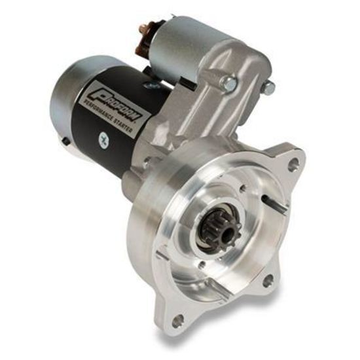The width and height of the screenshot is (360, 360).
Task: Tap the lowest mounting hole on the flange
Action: click(178, 320)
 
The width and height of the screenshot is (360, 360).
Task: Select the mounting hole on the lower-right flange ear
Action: click(268, 281)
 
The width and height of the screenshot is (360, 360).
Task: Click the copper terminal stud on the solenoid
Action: click(142, 29)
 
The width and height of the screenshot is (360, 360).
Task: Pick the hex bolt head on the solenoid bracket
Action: click(229, 82)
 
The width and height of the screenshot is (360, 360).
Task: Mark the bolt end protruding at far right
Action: click(268, 88)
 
